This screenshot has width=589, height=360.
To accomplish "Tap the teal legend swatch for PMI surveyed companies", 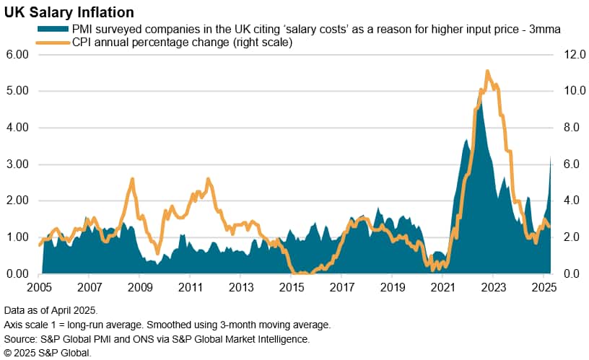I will coord(53,29).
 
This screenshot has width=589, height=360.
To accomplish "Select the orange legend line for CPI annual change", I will coord(53,43).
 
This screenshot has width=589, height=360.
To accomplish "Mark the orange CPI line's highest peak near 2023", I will coord(488,71).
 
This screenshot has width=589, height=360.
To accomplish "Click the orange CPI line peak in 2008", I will coord(132,179).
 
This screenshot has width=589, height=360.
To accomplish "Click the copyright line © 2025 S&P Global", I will coord(48,352).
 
